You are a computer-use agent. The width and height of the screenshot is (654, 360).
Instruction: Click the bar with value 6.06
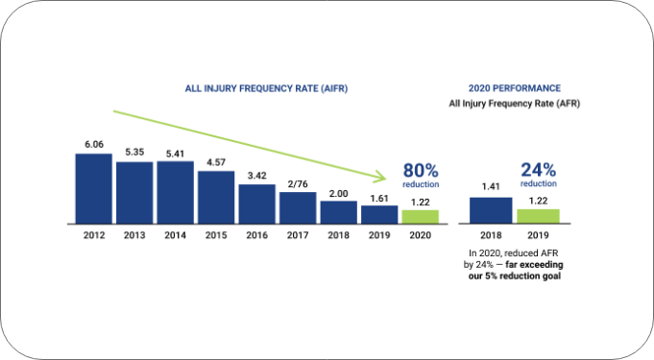[93, 188]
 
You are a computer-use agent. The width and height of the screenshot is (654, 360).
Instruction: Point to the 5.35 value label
[134, 152]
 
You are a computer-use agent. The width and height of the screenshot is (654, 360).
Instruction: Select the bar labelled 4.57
[216, 197]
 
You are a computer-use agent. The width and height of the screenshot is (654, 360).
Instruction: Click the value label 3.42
[256, 176]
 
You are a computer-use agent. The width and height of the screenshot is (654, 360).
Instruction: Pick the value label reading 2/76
[298, 183]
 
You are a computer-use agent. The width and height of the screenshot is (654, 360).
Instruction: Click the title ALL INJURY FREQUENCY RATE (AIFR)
[266, 88]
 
